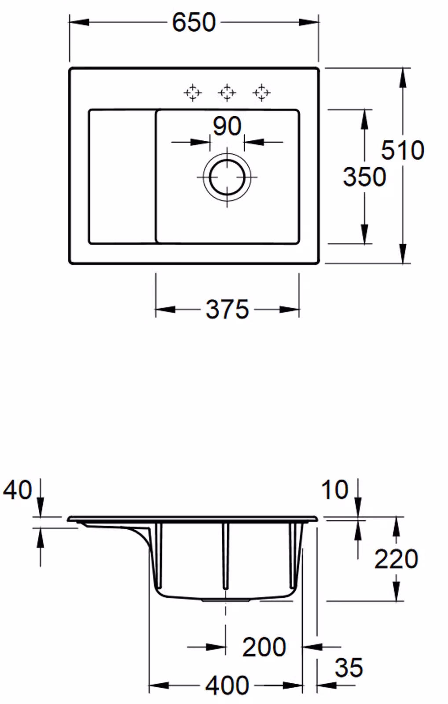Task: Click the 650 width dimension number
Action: click(194, 22)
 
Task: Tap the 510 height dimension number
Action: click(403, 150)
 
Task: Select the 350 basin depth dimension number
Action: click(364, 177)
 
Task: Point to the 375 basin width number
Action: click(228, 310)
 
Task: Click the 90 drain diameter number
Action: click(228, 126)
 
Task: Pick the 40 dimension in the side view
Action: click(18, 489)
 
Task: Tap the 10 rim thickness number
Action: click(335, 489)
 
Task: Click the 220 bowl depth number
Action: click(396, 558)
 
